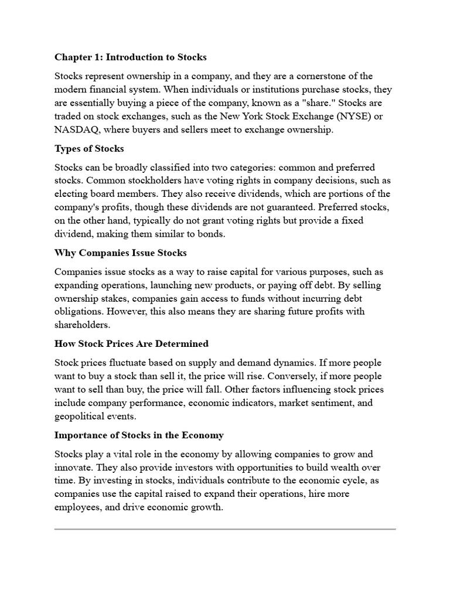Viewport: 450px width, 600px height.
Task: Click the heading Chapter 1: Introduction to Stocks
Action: (131, 57)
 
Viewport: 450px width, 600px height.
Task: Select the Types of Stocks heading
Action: (89, 149)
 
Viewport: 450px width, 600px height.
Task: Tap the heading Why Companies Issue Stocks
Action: (121, 253)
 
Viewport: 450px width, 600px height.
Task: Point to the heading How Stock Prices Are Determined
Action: (131, 343)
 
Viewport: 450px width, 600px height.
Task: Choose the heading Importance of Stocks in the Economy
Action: (139, 435)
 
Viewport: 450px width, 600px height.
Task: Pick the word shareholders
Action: (81, 325)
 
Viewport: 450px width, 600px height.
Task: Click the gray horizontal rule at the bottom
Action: (225, 529)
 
